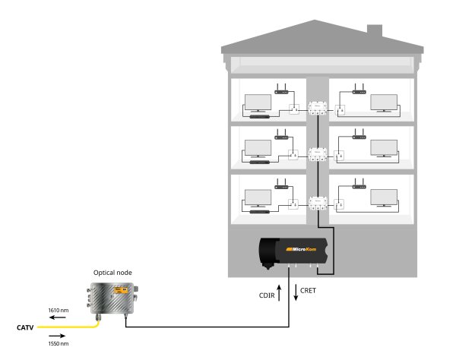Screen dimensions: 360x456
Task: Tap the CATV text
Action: coord(25,328)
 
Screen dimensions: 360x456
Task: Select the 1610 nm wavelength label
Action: coord(59,311)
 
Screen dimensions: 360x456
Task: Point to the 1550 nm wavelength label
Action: coord(59,343)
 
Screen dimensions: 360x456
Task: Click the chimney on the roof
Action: coord(374,31)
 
